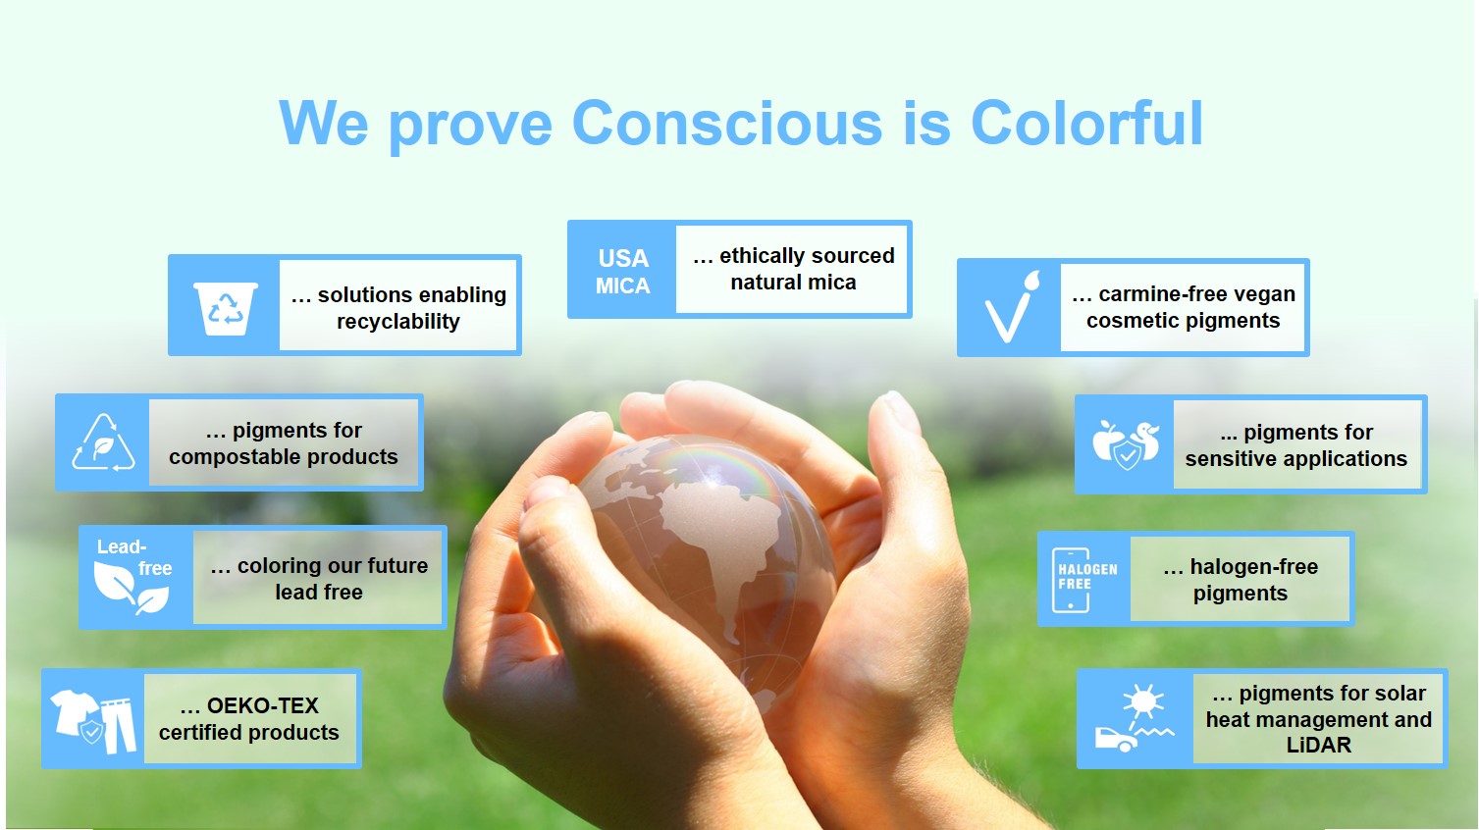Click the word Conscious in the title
point(727,123)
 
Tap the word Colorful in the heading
point(1086,123)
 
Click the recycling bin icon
point(225,308)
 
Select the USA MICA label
point(622,272)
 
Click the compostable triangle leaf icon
point(104,442)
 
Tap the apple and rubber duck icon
point(1126,444)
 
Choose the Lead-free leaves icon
point(132,577)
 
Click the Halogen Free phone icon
point(1083,580)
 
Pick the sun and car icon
point(1135,718)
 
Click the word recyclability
point(398,322)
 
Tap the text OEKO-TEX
point(263,705)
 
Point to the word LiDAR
point(1319,746)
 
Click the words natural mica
point(793,283)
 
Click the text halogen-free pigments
point(1241,580)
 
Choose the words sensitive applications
point(1296,459)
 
